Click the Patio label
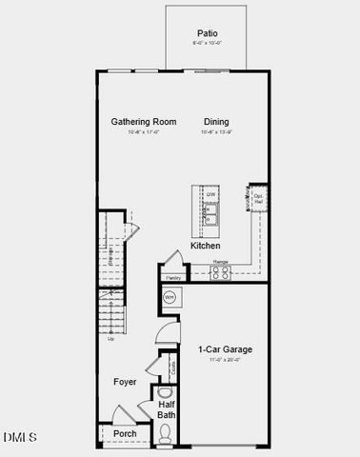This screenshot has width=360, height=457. [x=207, y=32]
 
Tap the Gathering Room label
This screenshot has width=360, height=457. [x=144, y=122]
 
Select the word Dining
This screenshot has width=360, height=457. [x=217, y=122]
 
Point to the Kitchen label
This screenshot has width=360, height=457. [x=205, y=246]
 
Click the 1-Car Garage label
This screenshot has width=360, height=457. [x=225, y=348]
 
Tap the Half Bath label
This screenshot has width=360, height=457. [x=168, y=408]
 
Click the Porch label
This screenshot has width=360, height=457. [x=125, y=433]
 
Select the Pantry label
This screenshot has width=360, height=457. [x=173, y=278]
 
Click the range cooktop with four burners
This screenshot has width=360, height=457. [x=220, y=272]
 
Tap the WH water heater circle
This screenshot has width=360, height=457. [x=170, y=298]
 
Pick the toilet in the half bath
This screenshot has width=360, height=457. [x=167, y=433]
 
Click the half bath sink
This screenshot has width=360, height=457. [x=165, y=391]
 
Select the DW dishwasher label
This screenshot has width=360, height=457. [x=211, y=195]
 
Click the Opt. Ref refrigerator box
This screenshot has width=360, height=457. [x=258, y=199]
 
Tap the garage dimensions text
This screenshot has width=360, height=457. [x=225, y=360]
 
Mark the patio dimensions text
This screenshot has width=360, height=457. [x=207, y=43]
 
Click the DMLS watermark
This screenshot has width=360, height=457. [x=20, y=438]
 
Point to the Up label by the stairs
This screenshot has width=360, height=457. [x=110, y=339]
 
